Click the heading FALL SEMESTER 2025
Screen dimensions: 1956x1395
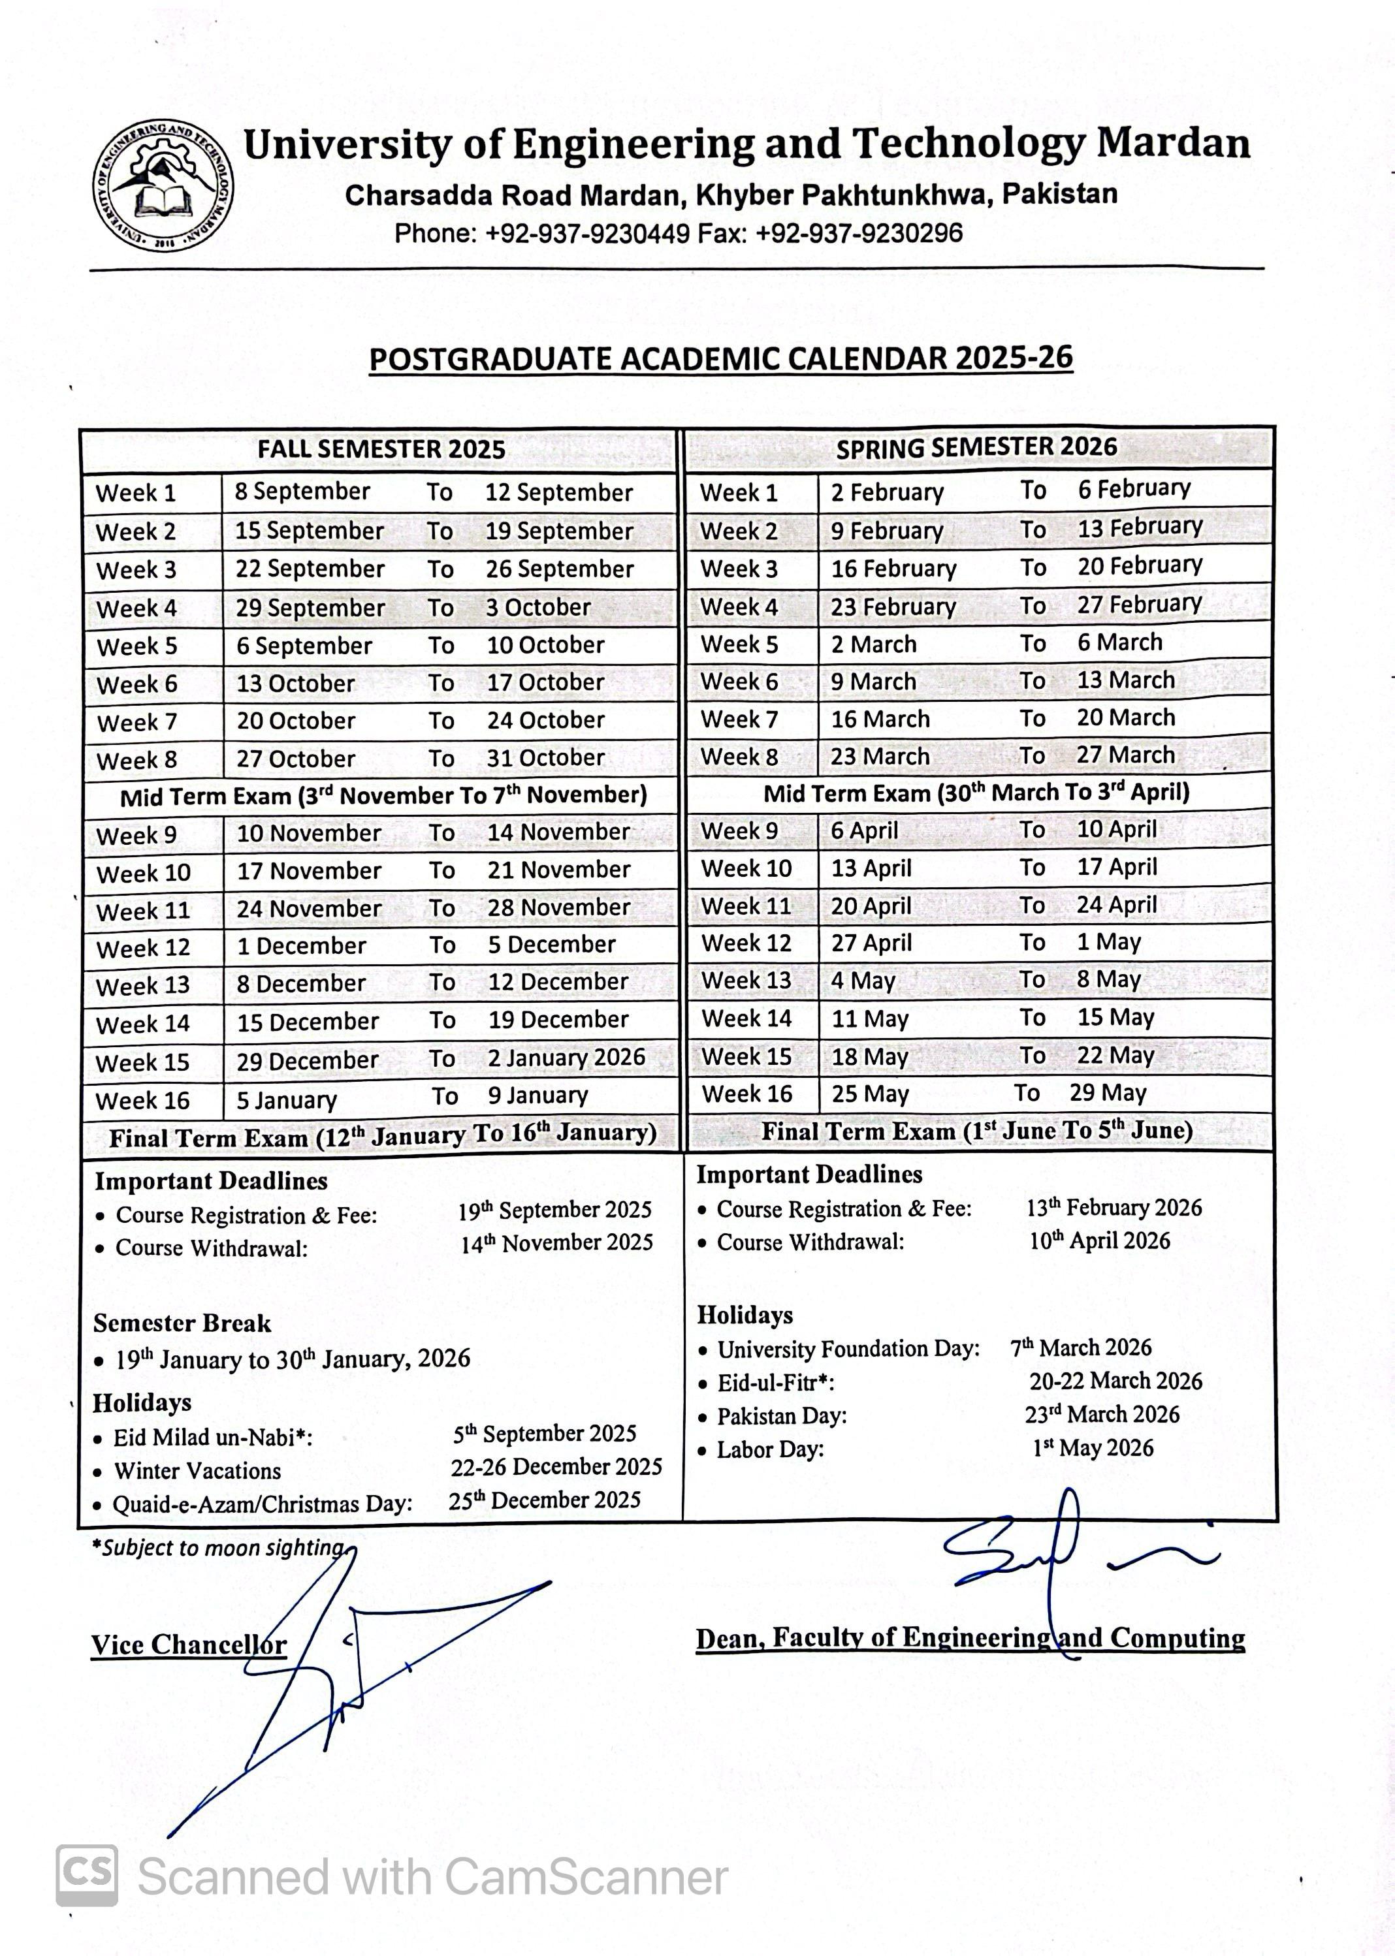(x=381, y=450)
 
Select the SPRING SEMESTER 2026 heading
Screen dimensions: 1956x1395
(x=976, y=447)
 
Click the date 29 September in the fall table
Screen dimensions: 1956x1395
(x=310, y=608)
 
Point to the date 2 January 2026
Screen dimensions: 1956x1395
(x=566, y=1058)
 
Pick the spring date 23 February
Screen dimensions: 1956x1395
(x=893, y=607)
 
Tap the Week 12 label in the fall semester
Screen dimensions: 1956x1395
(x=142, y=949)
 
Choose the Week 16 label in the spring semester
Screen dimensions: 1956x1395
(x=746, y=1094)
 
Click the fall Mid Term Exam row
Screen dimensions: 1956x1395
(x=383, y=796)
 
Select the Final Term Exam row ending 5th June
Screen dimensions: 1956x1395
(x=976, y=1131)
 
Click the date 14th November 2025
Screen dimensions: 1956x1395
(x=556, y=1243)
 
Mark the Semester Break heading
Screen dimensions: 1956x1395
(x=182, y=1323)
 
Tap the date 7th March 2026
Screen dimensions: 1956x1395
(x=1081, y=1348)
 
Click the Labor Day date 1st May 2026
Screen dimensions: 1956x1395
(x=1093, y=1449)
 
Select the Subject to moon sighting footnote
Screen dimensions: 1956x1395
(x=221, y=1547)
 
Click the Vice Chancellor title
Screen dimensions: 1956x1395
(x=189, y=1645)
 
